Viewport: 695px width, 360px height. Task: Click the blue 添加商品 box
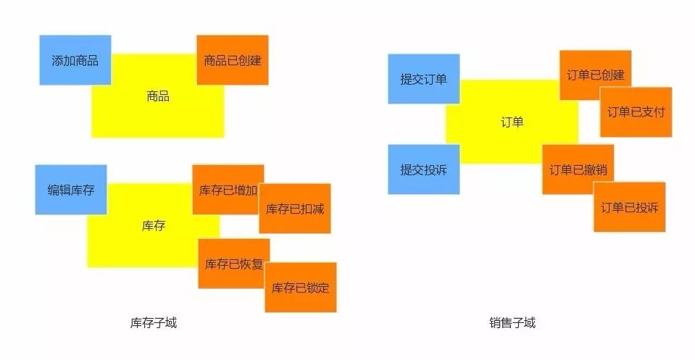pyautogui.click(x=75, y=60)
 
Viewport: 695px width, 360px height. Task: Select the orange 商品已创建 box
pyautogui.click(x=233, y=60)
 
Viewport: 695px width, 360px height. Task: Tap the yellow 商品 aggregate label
pyautogui.click(x=158, y=96)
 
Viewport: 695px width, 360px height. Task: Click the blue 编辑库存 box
pyautogui.click(x=71, y=190)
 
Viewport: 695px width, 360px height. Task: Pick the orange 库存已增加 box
pyautogui.click(x=228, y=190)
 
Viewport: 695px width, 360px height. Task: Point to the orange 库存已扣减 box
pyautogui.click(x=295, y=209)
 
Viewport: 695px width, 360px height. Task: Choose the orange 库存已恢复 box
pyautogui.click(x=234, y=264)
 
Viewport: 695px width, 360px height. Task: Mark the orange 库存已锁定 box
pyautogui.click(x=301, y=288)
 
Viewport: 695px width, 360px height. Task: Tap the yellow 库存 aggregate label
pyautogui.click(x=154, y=225)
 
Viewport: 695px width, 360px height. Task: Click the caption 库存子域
pyautogui.click(x=154, y=323)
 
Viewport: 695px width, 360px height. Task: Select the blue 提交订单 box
pyautogui.click(x=424, y=79)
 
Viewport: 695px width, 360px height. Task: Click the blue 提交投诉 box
pyautogui.click(x=424, y=169)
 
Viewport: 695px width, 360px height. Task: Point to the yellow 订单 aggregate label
pyautogui.click(x=512, y=122)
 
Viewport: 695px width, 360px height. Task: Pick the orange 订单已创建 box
pyautogui.click(x=596, y=75)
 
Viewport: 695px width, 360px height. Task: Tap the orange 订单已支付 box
pyautogui.click(x=636, y=112)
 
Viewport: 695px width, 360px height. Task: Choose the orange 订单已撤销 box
pyautogui.click(x=578, y=170)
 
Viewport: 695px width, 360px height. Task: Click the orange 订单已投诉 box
pyautogui.click(x=630, y=207)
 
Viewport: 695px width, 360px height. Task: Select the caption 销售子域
pyautogui.click(x=512, y=323)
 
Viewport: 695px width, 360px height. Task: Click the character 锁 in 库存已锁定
pyautogui.click(x=312, y=288)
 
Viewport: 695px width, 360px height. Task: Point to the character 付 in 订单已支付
pyautogui.click(x=659, y=112)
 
